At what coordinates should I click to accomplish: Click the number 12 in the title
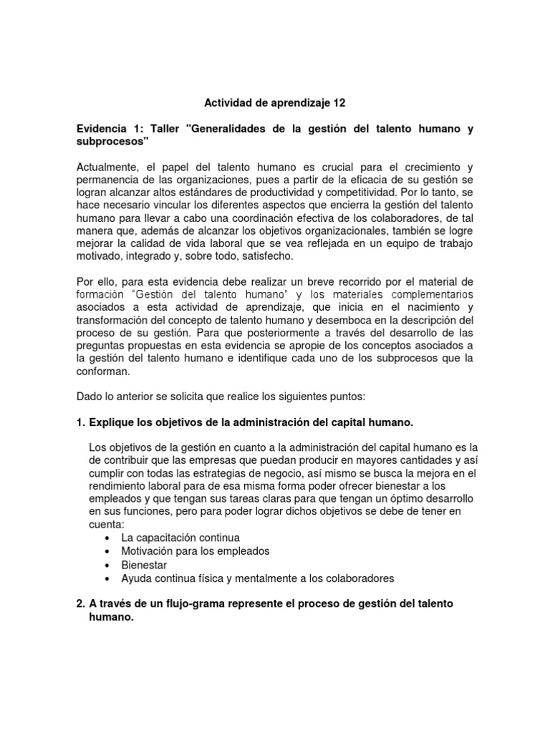pyautogui.click(x=338, y=103)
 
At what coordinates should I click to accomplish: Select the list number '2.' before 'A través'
pyautogui.click(x=81, y=604)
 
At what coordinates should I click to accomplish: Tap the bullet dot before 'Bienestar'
pyautogui.click(x=107, y=565)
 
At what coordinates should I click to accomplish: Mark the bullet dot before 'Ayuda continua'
pyautogui.click(x=107, y=578)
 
